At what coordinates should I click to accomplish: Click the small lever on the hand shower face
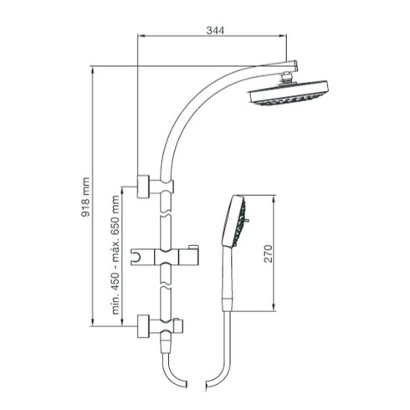pos(248,223)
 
